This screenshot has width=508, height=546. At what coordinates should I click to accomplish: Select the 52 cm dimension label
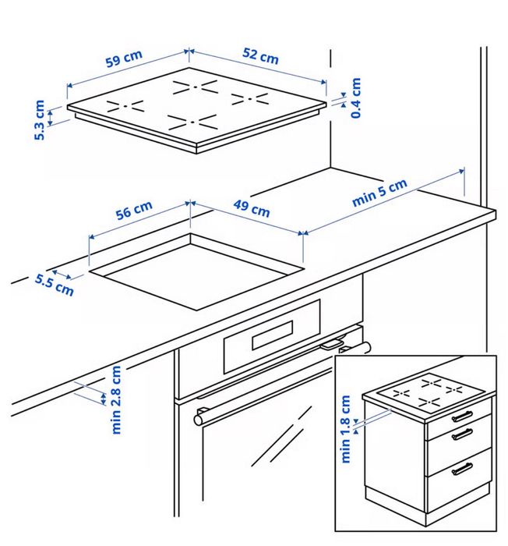(x=259, y=56)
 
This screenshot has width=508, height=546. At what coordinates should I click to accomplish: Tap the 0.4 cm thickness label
(x=356, y=97)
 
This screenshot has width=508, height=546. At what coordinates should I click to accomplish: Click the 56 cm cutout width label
(x=134, y=211)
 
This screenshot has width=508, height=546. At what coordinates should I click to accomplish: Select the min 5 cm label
(x=379, y=193)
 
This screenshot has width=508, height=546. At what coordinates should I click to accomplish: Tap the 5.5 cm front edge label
(x=55, y=285)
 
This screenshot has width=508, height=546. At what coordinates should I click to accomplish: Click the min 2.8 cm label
(x=116, y=399)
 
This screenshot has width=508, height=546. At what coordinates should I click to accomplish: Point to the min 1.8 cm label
(x=346, y=429)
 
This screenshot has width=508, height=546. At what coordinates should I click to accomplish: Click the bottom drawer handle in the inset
(x=462, y=468)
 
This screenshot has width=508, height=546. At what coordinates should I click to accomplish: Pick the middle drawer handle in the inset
(x=463, y=434)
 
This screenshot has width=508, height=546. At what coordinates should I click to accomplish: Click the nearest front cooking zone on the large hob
(x=191, y=122)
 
